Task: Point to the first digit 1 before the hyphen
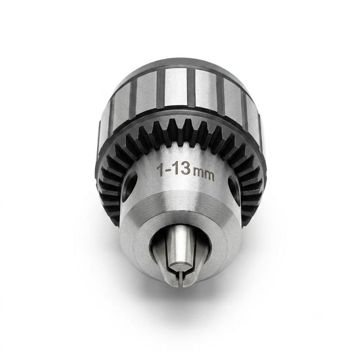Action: (x=160, y=170)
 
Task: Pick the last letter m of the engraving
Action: (x=209, y=176)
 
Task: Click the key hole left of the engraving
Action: (x=130, y=185)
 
